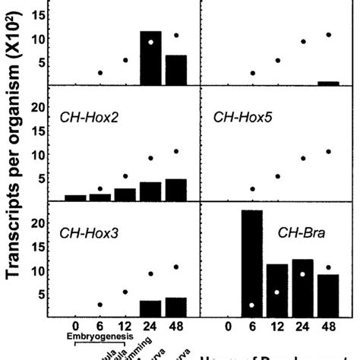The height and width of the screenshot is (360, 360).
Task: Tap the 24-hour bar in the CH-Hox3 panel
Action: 150,308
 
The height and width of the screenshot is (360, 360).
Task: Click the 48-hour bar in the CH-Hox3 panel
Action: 176,307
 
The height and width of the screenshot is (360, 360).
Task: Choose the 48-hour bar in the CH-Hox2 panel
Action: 176,190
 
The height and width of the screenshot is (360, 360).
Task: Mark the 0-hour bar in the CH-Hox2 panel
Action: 75,197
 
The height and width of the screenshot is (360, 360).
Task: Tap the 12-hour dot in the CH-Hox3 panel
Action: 125,292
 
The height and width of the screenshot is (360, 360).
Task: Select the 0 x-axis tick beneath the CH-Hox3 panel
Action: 74,327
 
